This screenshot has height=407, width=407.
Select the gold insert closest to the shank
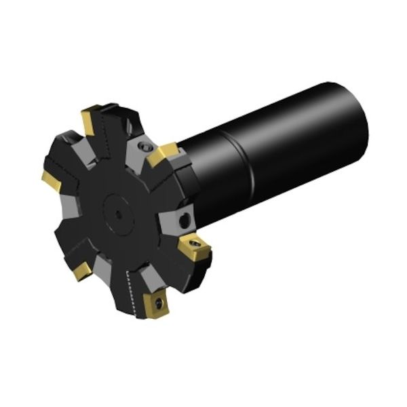pos(163,155)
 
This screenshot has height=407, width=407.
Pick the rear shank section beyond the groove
pos(305,136)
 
